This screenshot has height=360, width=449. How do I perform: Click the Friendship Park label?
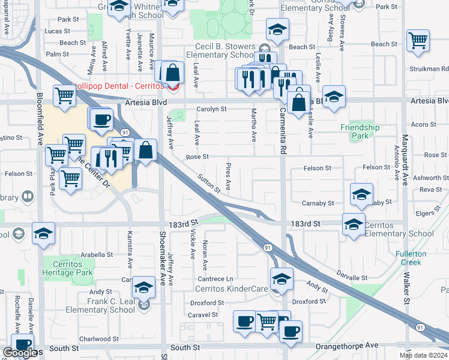click(x=360, y=131)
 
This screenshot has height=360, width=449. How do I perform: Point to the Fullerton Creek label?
click(x=411, y=258)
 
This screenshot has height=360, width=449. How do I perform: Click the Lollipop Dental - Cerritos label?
click(x=120, y=86)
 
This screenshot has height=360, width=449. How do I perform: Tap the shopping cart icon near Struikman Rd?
click(x=417, y=41)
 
